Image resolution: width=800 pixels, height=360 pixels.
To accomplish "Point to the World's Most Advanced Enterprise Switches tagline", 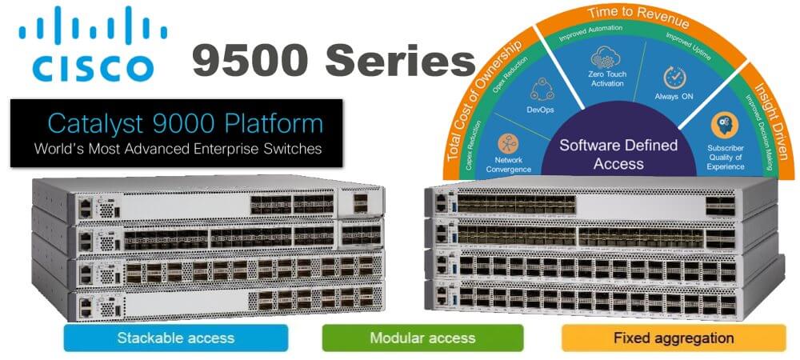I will (178, 148).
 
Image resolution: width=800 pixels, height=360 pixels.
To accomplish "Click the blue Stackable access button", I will (176, 337).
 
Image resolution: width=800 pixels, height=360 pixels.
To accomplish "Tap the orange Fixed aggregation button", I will (673, 337).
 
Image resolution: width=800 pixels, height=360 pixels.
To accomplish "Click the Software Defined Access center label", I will (618, 154).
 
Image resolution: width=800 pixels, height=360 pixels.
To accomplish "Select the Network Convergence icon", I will (509, 143).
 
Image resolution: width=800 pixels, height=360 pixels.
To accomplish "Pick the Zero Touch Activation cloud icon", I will (606, 58).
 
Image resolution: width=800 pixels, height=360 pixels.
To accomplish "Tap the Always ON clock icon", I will (675, 78).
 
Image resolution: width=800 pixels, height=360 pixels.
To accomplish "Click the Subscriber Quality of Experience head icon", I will (724, 126).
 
